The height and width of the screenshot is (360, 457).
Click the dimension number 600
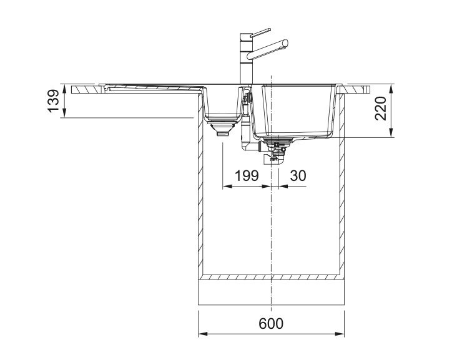point(271,323)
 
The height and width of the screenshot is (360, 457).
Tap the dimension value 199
point(247,175)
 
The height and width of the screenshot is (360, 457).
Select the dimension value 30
point(298,175)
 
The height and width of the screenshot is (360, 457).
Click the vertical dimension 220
point(380,108)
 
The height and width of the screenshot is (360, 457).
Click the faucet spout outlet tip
point(285,44)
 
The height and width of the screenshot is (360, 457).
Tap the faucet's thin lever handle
point(260,32)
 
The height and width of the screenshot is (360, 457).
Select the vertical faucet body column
point(245,59)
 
